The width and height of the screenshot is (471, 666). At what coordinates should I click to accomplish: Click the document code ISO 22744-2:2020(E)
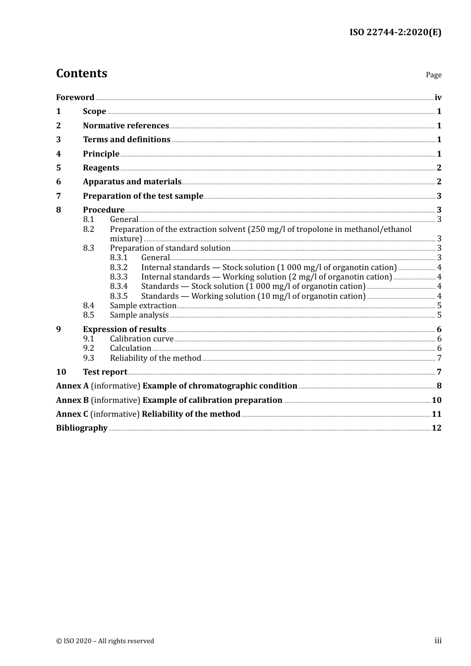tap(395, 33)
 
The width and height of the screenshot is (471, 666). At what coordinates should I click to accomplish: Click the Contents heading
tap(81, 73)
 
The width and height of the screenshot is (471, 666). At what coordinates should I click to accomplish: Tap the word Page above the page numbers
tap(433, 75)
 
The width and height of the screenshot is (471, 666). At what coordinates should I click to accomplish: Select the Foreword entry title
tap(75, 97)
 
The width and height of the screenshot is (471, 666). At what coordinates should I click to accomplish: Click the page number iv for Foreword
tap(438, 98)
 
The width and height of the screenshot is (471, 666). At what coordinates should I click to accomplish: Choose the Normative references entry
tap(126, 126)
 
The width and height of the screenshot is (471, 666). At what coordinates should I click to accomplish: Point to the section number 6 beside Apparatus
tap(59, 182)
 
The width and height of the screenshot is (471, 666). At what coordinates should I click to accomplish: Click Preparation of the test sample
tap(143, 196)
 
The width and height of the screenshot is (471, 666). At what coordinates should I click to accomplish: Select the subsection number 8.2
tap(88, 229)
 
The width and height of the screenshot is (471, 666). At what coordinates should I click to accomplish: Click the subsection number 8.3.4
tap(118, 286)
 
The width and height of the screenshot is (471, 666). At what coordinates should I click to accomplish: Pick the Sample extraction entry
tap(143, 306)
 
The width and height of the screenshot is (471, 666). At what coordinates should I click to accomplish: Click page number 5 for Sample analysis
tap(439, 315)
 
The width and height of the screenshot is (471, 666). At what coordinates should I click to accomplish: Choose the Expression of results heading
tap(124, 329)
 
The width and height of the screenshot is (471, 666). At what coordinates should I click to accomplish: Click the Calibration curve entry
tap(142, 339)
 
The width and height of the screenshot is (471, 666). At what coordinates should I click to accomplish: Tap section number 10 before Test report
tap(61, 372)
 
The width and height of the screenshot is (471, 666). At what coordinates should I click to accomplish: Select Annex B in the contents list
tap(72, 400)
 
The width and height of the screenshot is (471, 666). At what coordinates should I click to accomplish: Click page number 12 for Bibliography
tap(436, 428)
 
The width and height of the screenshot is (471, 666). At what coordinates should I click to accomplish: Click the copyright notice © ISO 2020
tap(105, 641)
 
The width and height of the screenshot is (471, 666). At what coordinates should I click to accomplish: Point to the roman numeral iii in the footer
tap(438, 641)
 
